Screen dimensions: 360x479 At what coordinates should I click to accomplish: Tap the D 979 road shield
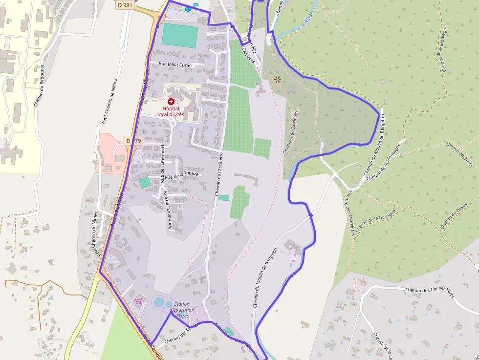[133, 141]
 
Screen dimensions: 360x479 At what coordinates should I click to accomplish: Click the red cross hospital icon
[171, 101]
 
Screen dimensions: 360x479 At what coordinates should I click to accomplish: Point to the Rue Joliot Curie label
[175, 64]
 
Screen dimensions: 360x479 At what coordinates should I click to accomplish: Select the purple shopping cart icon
[138, 300]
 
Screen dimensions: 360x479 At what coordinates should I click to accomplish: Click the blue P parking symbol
[196, 5]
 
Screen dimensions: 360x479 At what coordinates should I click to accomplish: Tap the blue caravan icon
[188, 9]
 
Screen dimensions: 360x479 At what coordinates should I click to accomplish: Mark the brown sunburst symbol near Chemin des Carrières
[278, 79]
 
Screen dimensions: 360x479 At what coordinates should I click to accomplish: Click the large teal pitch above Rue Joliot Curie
[179, 36]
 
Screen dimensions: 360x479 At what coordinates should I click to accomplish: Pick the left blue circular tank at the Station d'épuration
[159, 302]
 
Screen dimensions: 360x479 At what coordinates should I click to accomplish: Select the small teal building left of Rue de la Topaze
[145, 183]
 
